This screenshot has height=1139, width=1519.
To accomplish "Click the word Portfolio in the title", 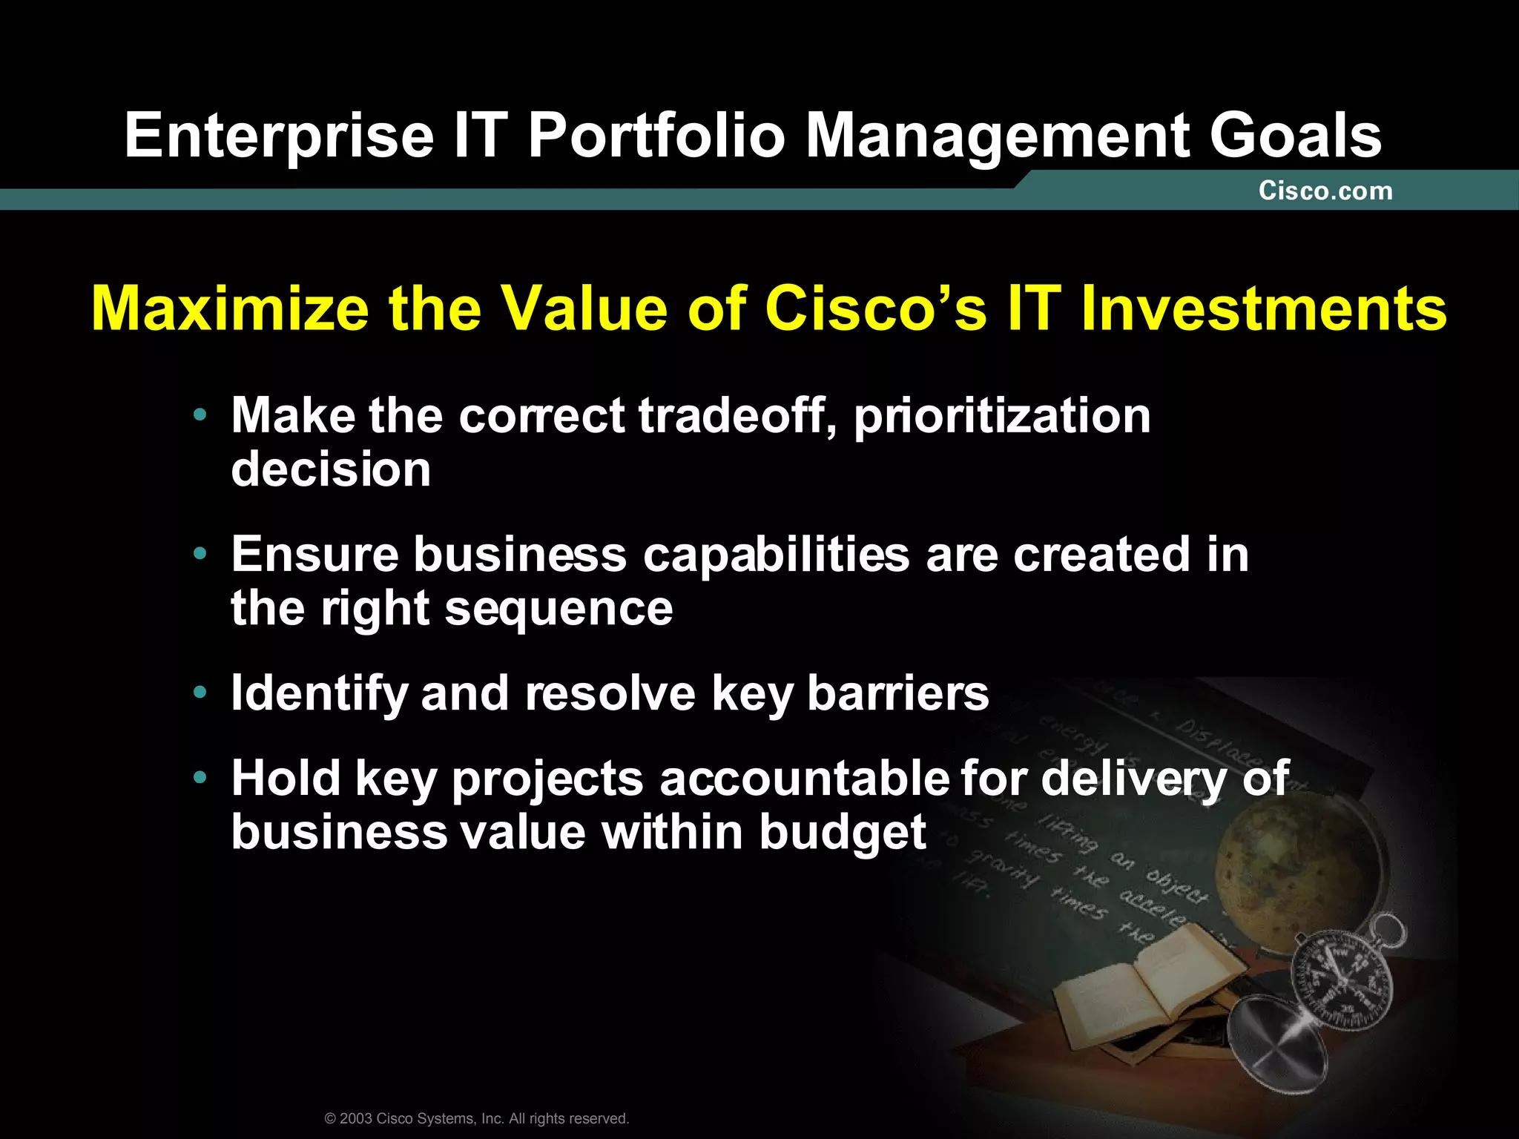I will coord(656,136).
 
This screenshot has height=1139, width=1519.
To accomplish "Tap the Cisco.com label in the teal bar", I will coord(1325,191).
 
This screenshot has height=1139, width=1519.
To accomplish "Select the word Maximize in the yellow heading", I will coord(230,308).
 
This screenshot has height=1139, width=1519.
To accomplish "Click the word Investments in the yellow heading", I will coord(1263,308).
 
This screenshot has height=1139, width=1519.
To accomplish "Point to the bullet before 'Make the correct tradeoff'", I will coord(199,416).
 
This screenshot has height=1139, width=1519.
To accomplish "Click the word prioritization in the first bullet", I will coord(1002,416).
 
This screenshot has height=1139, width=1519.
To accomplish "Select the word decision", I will coord(331,470).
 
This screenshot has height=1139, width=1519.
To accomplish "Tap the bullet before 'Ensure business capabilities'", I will coord(199,554).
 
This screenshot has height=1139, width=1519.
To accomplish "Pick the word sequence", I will coord(558,610).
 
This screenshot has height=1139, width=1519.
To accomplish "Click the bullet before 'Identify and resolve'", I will coord(199,693).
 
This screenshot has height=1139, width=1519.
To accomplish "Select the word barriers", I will coord(897,693).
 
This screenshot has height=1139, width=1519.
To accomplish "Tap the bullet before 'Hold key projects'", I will coord(199,779).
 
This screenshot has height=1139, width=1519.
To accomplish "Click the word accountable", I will coord(805,779).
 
